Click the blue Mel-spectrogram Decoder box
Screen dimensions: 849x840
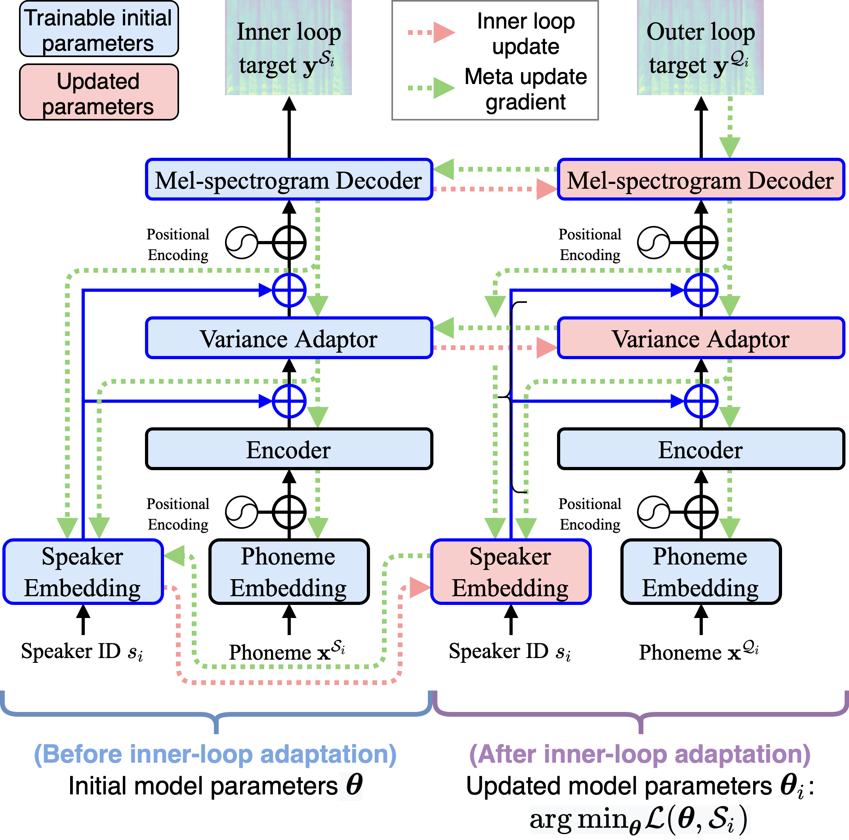pos(289,180)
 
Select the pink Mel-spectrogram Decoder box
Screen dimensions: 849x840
pos(701,180)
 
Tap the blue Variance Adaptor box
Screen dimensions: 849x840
pos(289,338)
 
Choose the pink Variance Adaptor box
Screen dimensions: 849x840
pos(701,338)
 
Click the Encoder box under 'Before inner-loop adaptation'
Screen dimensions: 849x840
pos(289,449)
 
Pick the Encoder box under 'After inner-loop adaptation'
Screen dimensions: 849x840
pos(701,449)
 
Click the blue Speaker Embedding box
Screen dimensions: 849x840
pos(83,572)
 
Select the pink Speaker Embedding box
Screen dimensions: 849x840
pos(511,572)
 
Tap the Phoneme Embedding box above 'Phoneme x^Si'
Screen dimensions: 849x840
pos(289,572)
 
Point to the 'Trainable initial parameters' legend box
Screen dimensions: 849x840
pos(99,29)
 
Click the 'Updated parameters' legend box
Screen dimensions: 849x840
pos(99,92)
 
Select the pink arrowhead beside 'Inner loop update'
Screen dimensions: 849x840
pos(444,32)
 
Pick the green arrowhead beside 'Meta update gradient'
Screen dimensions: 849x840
pos(444,88)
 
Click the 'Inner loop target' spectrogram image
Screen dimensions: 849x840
pos(288,48)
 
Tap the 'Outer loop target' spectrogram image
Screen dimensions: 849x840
pos(700,48)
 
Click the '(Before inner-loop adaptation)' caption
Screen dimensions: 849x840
pos(216,754)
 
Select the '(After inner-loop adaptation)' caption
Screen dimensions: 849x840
pos(640,754)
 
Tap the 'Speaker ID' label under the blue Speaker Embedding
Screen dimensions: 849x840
pos(82,651)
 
